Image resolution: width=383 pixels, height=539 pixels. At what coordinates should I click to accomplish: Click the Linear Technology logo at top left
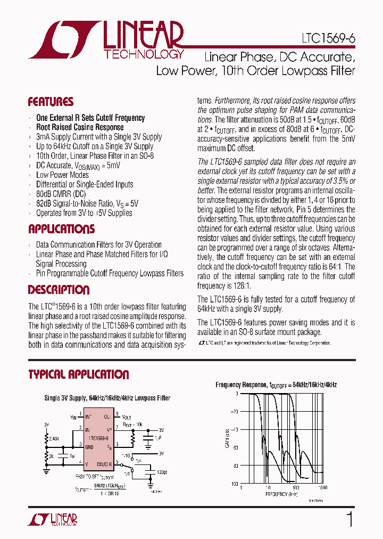106,40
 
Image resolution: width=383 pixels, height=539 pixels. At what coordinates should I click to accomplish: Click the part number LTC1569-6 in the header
330,39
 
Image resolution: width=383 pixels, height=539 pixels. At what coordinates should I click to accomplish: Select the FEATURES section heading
51,102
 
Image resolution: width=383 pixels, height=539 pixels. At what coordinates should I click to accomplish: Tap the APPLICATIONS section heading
61,230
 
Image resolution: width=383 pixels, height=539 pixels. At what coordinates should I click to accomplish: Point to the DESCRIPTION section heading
59,290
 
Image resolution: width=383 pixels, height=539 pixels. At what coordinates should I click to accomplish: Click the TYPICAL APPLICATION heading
78,374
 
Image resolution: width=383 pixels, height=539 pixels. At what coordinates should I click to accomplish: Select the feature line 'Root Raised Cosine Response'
80,127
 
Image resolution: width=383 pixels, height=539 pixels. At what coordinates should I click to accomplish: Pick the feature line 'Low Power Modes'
62,175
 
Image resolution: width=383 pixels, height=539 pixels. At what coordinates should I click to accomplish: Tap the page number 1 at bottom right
349,519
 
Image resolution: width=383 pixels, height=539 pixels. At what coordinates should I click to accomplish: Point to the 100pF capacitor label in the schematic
162,472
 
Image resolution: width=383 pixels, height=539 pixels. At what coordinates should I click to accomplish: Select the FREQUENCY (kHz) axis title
282,494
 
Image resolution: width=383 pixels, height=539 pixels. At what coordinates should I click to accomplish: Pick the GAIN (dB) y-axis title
227,438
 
